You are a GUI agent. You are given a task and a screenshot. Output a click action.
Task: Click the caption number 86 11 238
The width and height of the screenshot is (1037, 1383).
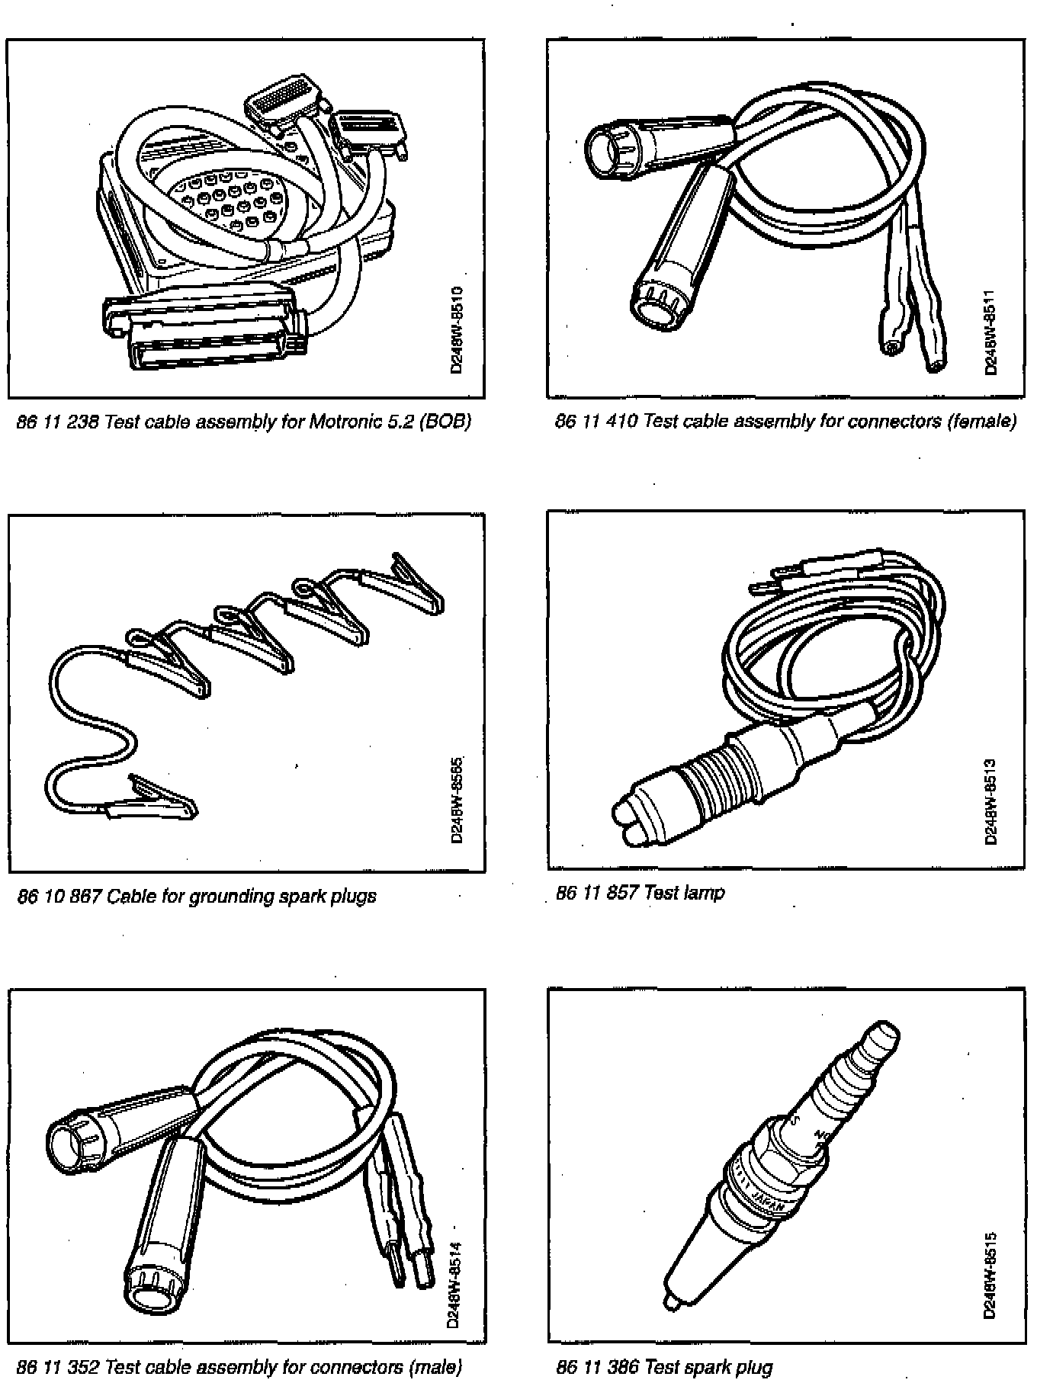tap(58, 421)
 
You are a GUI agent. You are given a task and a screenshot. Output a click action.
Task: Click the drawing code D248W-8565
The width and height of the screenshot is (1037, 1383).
tap(457, 799)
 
